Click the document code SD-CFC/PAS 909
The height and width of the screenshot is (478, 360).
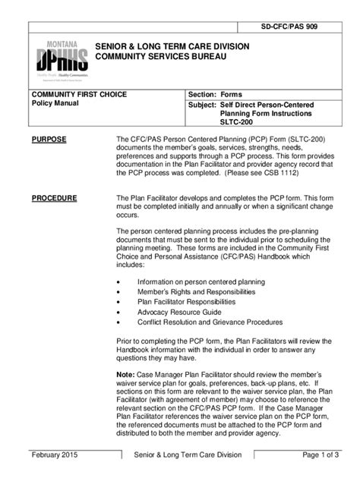(x=298, y=27)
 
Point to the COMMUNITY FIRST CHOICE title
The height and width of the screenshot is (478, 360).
(x=78, y=94)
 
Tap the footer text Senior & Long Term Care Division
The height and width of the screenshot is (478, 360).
(x=188, y=454)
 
